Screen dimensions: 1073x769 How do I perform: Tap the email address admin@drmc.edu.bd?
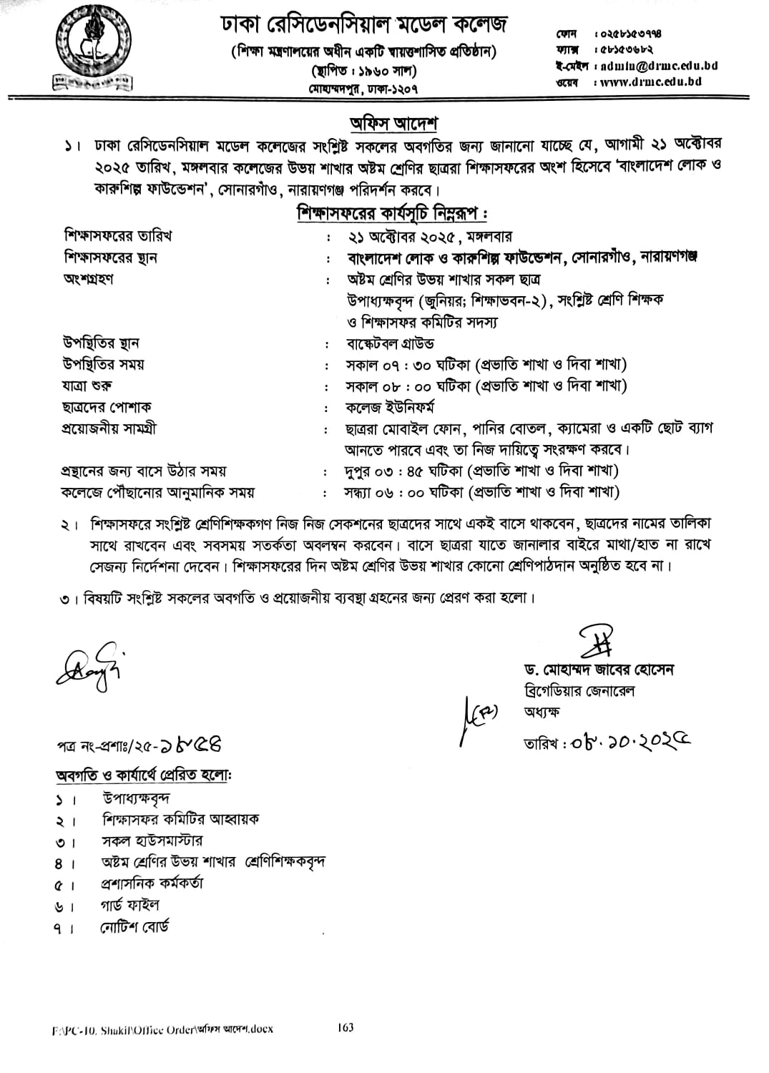pyautogui.click(x=659, y=65)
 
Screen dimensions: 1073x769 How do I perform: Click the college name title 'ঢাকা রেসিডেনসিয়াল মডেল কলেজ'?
pyautogui.click(x=364, y=26)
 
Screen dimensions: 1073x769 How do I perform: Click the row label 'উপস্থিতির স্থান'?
pyautogui.click(x=102, y=343)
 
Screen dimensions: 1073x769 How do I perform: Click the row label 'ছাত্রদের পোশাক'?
pyautogui.click(x=107, y=407)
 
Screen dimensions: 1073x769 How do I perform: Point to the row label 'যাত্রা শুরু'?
pyautogui.click(x=87, y=386)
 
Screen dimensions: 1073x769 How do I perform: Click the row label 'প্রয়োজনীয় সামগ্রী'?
pyautogui.click(x=109, y=428)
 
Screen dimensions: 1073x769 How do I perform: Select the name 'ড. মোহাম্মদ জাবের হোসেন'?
pyautogui.click(x=598, y=670)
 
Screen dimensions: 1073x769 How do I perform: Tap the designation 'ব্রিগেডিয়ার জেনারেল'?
pyautogui.click(x=579, y=690)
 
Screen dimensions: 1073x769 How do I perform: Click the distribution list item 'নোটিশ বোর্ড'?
pyautogui.click(x=135, y=927)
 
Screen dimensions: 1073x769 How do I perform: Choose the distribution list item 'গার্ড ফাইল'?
pyautogui.click(x=129, y=906)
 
